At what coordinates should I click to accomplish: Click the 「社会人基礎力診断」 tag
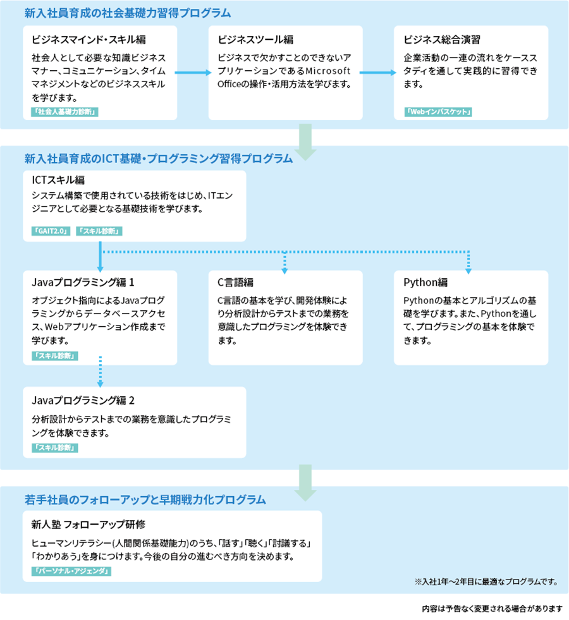point(64,112)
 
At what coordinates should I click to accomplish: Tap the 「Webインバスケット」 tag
point(438,112)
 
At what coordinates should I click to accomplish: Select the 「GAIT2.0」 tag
point(51,231)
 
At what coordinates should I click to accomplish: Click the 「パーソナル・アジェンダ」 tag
point(71,571)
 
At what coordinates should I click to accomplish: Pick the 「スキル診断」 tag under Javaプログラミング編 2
point(54,447)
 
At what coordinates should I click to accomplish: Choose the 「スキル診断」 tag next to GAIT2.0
point(99,231)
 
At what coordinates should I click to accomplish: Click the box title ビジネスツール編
point(255,40)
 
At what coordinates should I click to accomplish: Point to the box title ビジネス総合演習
point(442,40)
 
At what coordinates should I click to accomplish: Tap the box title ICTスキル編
point(58,180)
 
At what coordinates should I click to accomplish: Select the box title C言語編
point(235,283)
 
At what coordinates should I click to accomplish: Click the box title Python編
point(425,283)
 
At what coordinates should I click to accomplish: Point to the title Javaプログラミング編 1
point(83,283)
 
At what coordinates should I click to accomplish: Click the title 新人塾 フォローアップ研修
point(89,525)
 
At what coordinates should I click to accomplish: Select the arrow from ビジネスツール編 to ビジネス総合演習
point(378,72)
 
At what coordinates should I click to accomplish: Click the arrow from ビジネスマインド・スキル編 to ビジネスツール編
point(193,72)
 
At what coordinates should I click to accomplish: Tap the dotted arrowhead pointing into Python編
point(468,271)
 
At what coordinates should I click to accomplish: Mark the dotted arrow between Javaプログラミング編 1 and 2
point(101,372)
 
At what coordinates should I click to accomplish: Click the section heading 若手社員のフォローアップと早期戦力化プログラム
point(145,500)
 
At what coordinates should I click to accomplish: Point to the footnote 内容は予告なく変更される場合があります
point(493,609)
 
